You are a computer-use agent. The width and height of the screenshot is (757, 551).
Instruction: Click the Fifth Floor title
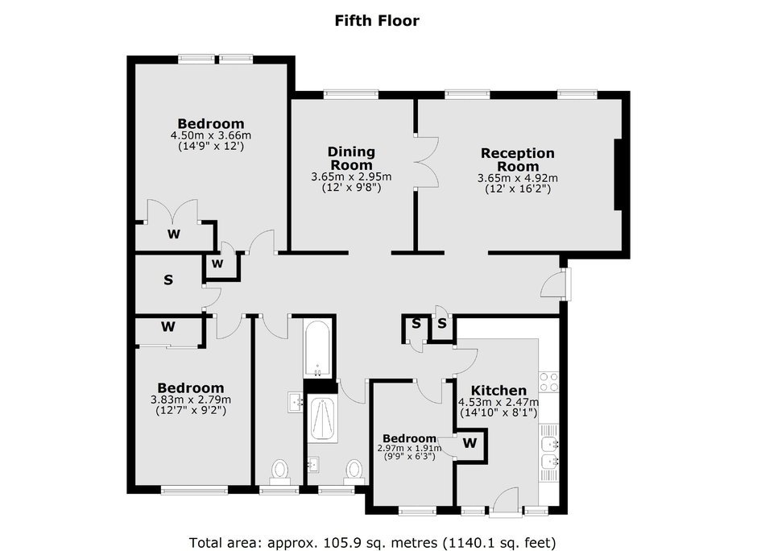[x=377, y=21]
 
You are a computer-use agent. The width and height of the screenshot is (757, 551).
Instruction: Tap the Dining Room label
[x=351, y=158]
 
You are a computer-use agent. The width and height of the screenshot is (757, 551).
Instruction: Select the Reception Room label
[x=518, y=159]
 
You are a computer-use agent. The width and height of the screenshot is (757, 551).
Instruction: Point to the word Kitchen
[x=498, y=390]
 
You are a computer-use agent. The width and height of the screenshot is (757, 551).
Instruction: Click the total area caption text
[x=372, y=542]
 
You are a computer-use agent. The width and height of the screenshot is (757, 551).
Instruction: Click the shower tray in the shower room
[x=322, y=418]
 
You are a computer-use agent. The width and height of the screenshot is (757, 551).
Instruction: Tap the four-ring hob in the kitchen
[x=548, y=382]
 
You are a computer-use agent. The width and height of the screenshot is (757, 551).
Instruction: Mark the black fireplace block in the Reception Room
[x=618, y=175]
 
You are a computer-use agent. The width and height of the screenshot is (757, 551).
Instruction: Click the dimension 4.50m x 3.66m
[x=210, y=135]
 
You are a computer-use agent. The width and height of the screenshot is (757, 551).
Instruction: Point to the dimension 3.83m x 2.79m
[x=191, y=400]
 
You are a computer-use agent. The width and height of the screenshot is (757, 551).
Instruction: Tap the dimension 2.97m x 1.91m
[x=409, y=448]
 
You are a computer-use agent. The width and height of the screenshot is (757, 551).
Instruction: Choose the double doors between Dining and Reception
[x=426, y=162]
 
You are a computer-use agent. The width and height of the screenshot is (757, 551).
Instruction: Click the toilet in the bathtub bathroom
[x=279, y=472]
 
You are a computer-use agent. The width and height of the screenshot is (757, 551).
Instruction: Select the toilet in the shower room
[x=354, y=472]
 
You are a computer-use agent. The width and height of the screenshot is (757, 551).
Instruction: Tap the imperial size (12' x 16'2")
[x=518, y=188]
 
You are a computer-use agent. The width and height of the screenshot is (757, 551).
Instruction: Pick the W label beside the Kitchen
[x=470, y=442]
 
